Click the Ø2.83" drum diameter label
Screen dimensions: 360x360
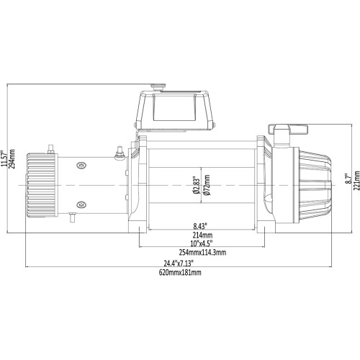197,185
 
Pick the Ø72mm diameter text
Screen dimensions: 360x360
206,185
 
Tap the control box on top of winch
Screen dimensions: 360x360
176,111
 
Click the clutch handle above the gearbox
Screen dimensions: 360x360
289,129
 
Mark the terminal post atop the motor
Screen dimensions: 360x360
50,149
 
